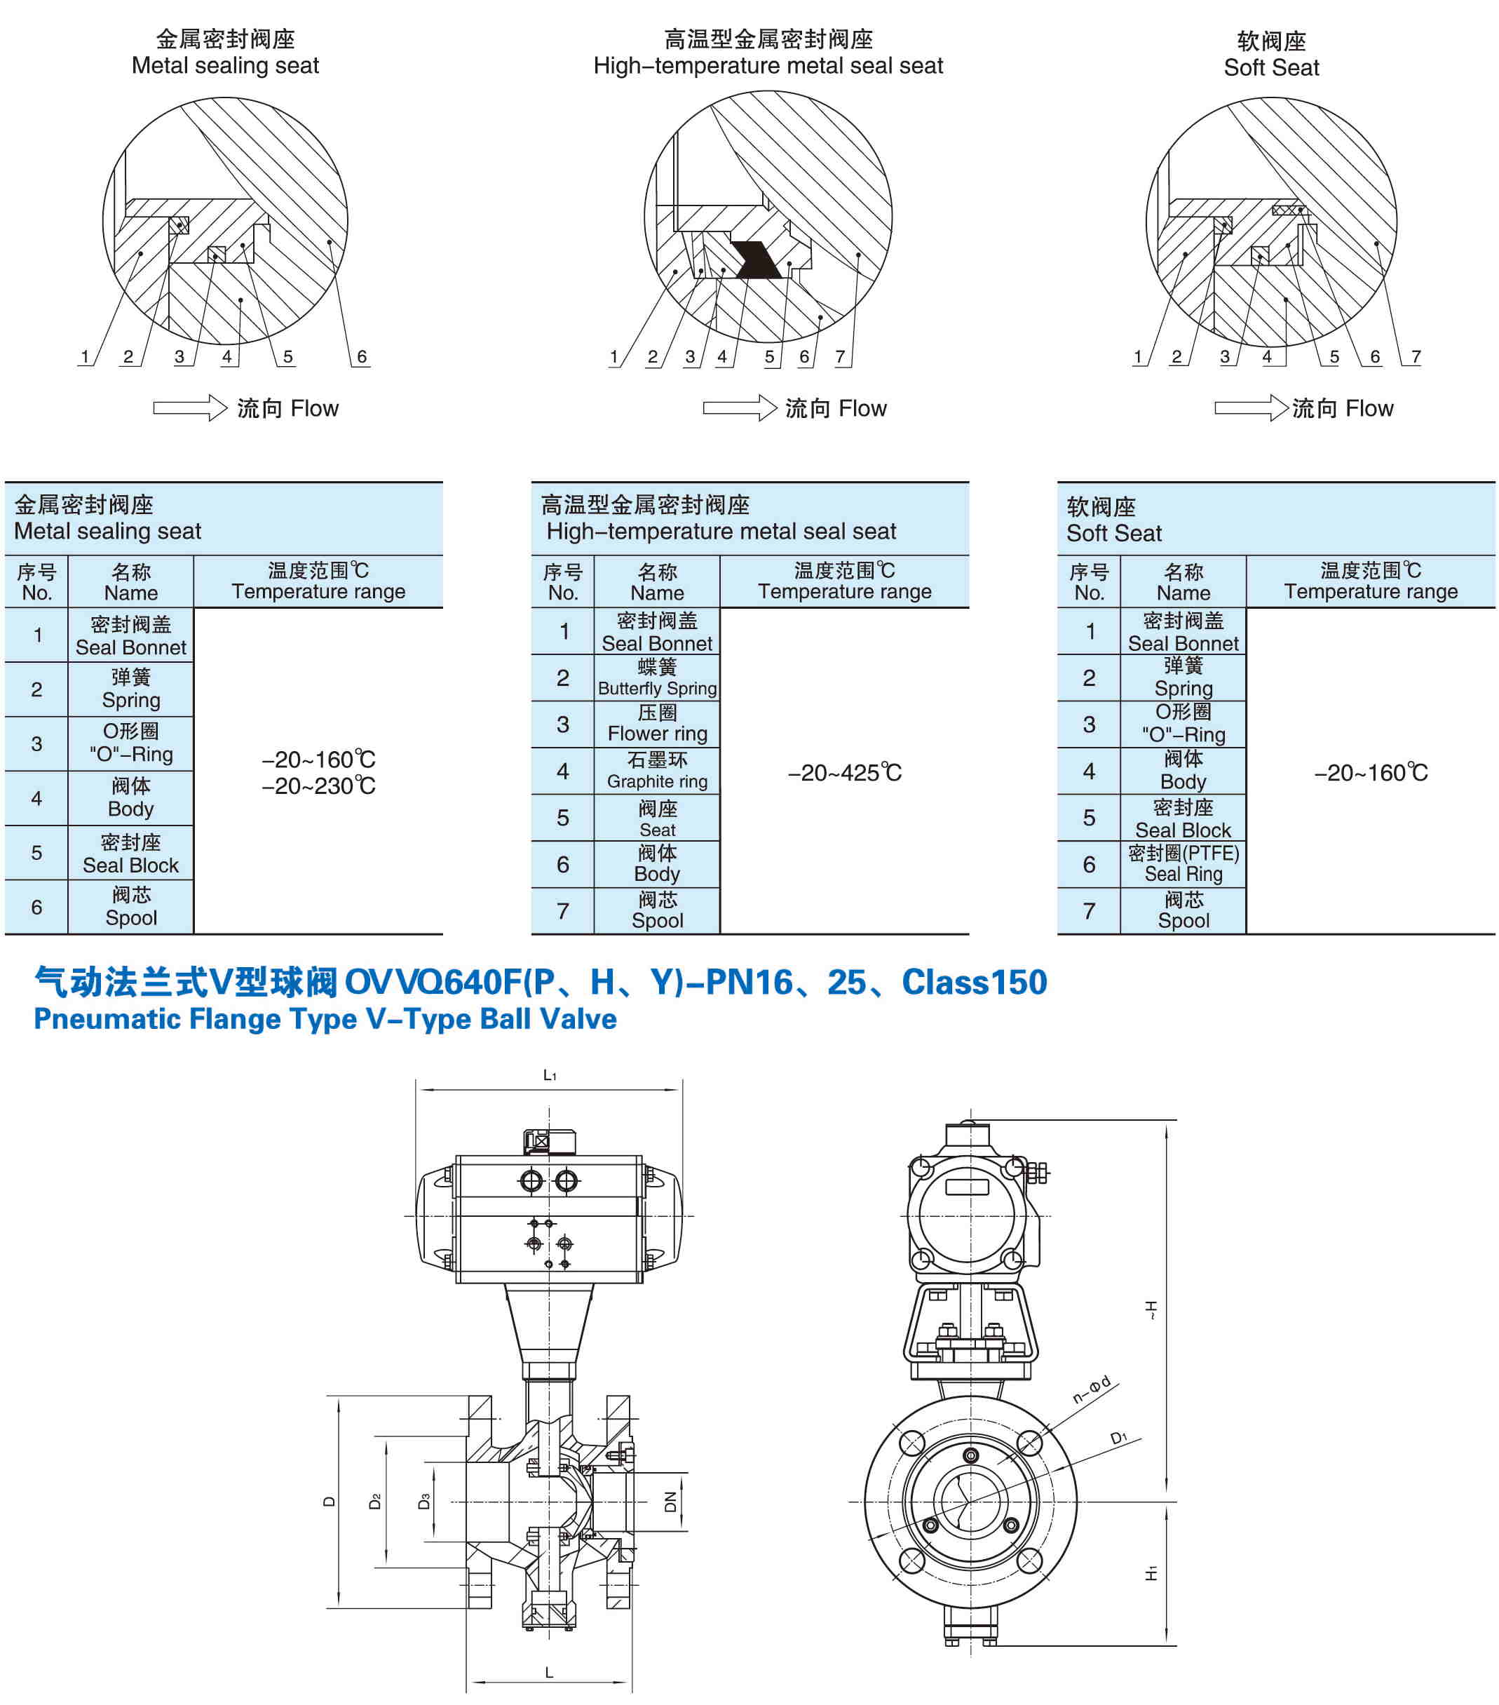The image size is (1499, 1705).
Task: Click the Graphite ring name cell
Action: click(657, 771)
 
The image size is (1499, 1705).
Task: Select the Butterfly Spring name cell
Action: click(657, 678)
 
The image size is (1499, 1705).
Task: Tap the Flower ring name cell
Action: click(657, 724)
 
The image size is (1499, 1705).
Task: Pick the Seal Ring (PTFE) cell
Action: click(1183, 863)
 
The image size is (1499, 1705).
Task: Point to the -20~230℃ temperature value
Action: click(318, 786)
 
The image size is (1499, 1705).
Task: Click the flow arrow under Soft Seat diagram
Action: click(1251, 408)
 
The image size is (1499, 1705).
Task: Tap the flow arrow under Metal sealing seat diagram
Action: click(189, 408)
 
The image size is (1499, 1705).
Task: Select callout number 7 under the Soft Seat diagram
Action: click(1415, 357)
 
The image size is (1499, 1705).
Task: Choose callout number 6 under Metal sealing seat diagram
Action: click(361, 357)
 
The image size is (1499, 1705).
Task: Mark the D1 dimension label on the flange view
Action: click(1118, 1438)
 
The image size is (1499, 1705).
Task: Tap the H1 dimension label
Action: click(1151, 1573)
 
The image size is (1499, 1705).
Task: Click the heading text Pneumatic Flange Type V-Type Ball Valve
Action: click(325, 1019)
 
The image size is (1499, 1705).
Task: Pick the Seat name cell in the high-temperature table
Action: click(657, 818)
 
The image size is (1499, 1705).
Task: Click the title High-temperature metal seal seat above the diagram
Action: click(768, 66)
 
